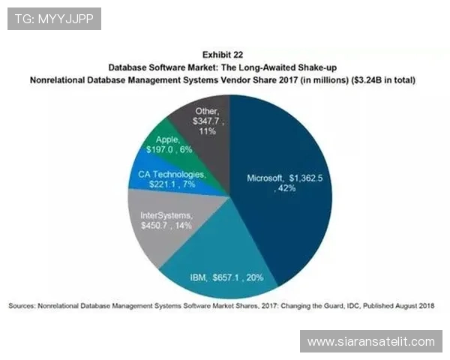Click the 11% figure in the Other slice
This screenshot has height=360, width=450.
tap(208, 131)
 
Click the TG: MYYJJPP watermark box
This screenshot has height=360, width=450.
tap(54, 19)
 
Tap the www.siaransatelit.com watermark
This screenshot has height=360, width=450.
tap(371, 341)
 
